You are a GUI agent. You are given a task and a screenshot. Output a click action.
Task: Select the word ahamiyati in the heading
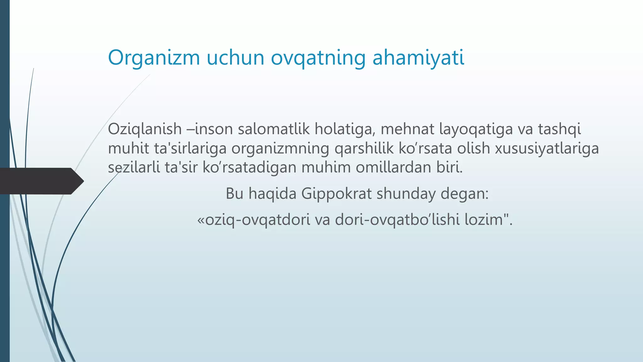418,58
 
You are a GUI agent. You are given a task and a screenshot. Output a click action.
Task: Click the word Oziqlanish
145,129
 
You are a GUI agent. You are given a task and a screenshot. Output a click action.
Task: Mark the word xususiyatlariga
547,148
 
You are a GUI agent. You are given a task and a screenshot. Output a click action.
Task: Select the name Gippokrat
336,194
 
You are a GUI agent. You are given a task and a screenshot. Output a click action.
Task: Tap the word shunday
406,194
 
